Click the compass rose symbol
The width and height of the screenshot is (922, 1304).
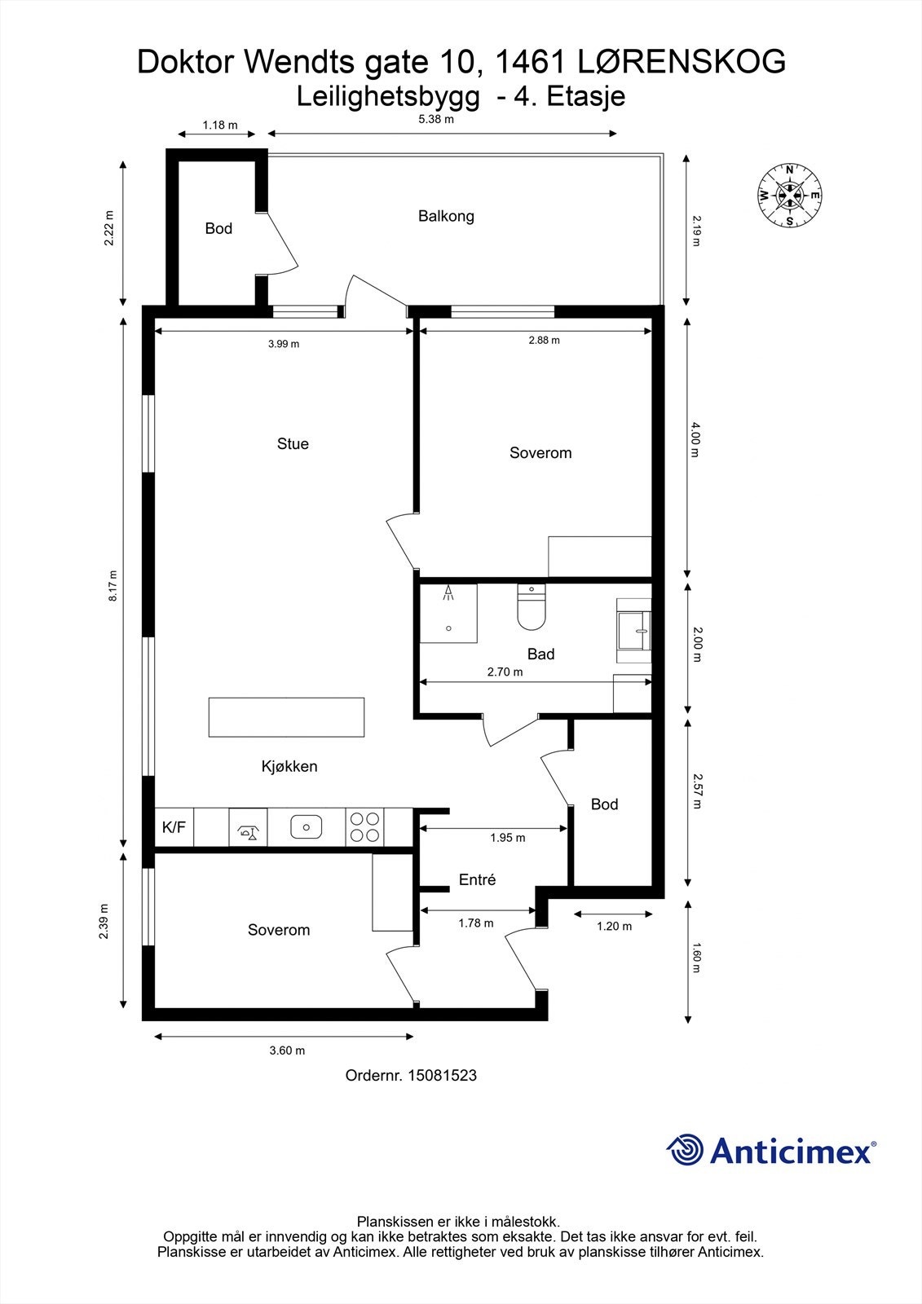click(789, 196)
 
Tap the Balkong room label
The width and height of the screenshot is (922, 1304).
click(446, 217)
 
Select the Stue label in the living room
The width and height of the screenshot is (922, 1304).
click(293, 443)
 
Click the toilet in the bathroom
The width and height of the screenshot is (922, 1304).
click(532, 607)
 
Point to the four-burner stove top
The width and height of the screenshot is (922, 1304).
click(364, 827)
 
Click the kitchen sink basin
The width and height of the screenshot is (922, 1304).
click(307, 826)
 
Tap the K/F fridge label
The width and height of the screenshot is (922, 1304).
click(174, 827)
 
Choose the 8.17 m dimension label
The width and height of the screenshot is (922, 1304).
click(113, 586)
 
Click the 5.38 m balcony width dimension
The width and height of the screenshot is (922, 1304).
click(436, 119)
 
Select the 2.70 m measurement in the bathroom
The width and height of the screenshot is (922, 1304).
click(505, 672)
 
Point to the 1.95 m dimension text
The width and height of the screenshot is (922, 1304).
click(507, 838)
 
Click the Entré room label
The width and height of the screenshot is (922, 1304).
click(477, 879)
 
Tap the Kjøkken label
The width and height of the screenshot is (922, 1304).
click(289, 767)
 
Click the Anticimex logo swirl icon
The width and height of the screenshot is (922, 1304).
click(685, 1150)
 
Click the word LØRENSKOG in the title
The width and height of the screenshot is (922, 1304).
click(682, 62)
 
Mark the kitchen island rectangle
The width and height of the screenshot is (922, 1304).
click(287, 717)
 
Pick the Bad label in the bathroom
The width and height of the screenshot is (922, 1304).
click(540, 654)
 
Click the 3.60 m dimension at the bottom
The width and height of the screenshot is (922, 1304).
click(287, 1051)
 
